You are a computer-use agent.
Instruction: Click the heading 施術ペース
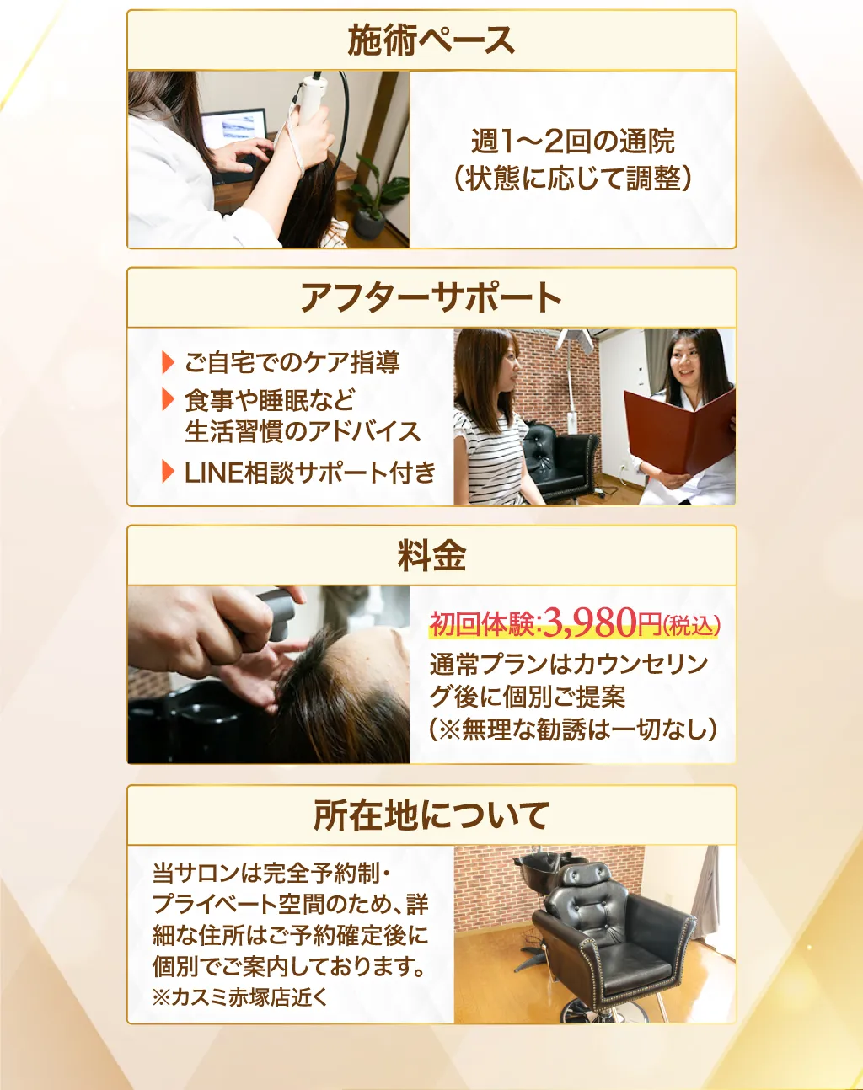[x=431, y=41]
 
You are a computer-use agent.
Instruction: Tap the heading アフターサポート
[x=431, y=298]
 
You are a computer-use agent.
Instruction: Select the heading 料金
[x=431, y=556]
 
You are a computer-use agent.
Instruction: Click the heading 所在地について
[x=431, y=815]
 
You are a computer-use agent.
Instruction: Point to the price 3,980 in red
[x=590, y=622]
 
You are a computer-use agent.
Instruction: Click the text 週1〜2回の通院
[x=573, y=142]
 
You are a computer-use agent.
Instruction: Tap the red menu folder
[x=680, y=431]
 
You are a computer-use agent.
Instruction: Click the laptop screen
[x=234, y=129]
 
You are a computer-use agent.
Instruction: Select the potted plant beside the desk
[x=376, y=198]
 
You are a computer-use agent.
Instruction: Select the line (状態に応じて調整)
[x=573, y=179]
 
